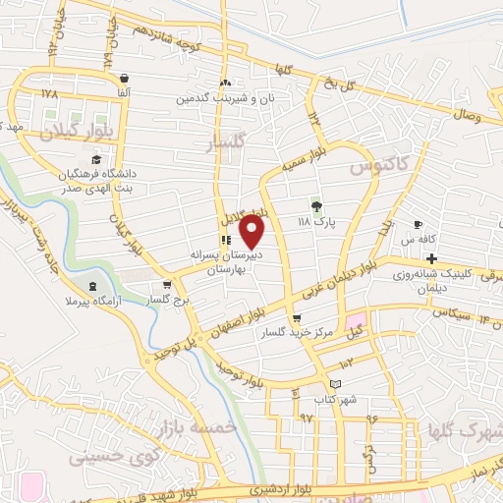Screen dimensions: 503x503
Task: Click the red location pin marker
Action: click(253, 231)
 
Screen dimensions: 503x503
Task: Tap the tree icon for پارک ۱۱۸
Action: click(316, 206)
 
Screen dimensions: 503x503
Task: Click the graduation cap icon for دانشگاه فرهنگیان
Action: click(96, 159)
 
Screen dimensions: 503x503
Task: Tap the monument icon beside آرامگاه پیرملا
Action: click(93, 286)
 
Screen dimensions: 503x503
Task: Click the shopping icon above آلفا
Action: click(123, 78)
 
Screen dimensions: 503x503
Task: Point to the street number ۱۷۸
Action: click(50, 93)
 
